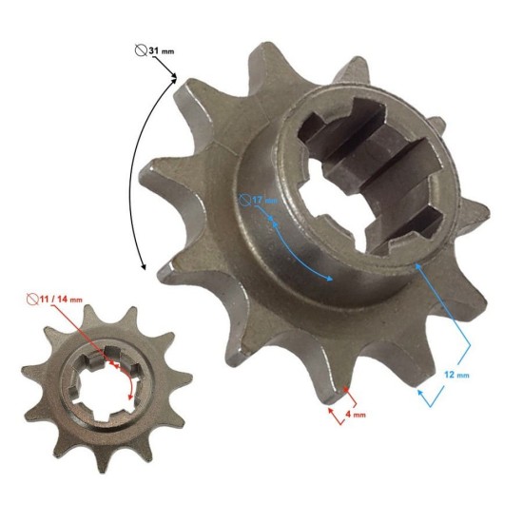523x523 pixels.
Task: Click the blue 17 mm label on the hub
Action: pos(261,200)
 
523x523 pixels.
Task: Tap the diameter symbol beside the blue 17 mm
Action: pos(246,200)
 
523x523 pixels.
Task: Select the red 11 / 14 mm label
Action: pos(60,300)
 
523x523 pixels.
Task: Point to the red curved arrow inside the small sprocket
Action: pos(121,380)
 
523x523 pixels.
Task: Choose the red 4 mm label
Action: pos(354,415)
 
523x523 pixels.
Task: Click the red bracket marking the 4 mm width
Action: pos(339,403)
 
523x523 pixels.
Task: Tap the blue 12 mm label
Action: pos(457,375)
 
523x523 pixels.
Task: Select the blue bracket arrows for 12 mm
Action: pos(447,328)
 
